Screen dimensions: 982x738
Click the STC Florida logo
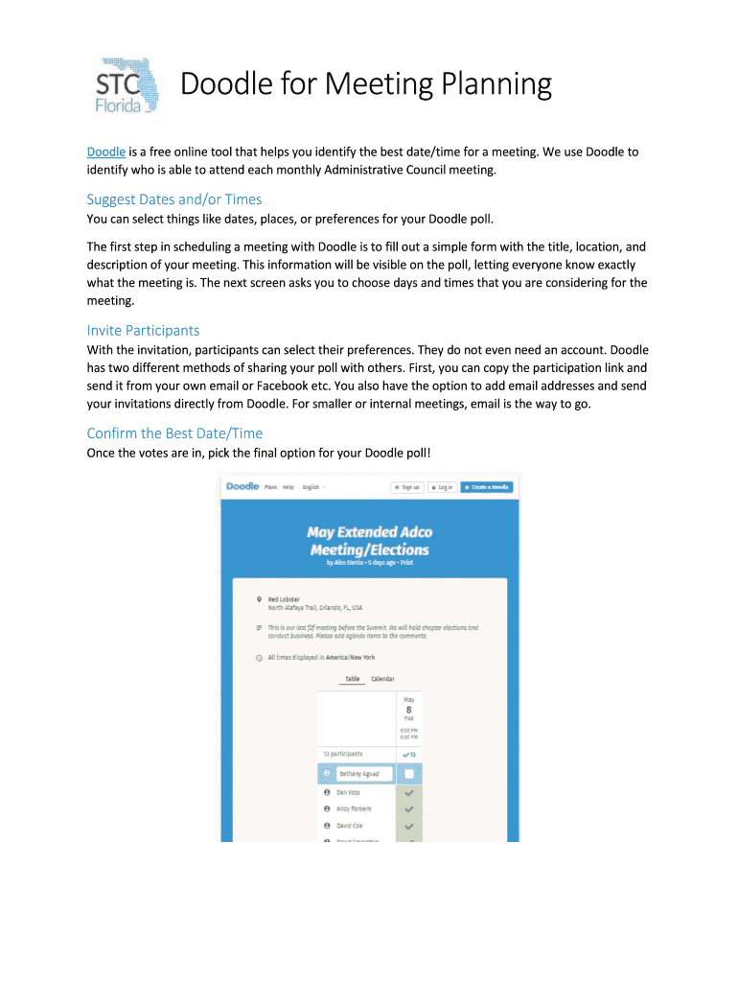127,85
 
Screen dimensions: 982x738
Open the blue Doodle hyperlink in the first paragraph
105,152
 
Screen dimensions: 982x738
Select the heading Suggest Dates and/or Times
173,199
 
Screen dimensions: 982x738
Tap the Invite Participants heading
143,330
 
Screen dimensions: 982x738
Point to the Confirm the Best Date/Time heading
174,433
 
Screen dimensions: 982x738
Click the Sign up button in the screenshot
407,487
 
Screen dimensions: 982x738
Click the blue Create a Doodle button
486,487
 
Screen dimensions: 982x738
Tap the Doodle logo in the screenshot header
242,486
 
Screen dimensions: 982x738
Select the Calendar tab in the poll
382,679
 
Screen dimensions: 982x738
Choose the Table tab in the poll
352,679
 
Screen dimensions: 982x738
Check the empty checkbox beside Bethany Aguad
409,774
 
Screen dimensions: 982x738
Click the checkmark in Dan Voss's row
409,794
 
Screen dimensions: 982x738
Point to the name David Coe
349,826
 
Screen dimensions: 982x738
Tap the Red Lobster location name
284,599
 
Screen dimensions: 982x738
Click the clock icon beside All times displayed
259,658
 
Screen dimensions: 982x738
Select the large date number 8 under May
408,709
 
